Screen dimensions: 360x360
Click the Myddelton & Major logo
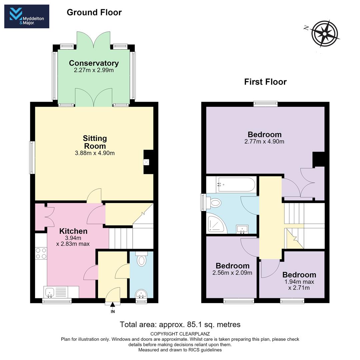tap(27, 16)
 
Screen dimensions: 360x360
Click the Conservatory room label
tap(94, 63)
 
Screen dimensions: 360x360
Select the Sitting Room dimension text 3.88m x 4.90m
tap(95, 153)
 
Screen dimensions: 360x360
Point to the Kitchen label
tap(73, 231)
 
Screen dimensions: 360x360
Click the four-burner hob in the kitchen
tap(41, 253)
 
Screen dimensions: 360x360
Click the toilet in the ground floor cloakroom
tap(141, 259)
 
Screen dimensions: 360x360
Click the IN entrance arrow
tap(113, 305)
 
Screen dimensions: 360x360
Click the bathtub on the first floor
tap(236, 185)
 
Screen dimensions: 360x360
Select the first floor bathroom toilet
tap(214, 203)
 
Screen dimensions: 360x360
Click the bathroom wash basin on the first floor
tap(242, 229)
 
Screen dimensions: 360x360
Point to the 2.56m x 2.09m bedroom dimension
tap(232, 273)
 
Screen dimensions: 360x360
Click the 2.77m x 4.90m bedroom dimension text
tap(264, 141)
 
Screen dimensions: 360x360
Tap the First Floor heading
tap(265, 82)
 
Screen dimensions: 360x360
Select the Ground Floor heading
tap(94, 12)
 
